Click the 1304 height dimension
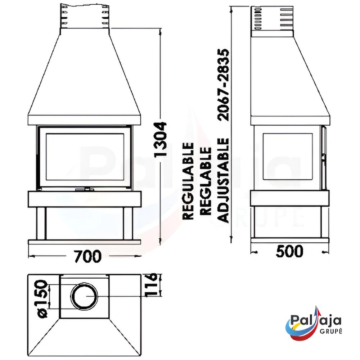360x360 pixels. point(160,140)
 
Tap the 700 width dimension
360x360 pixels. point(88,256)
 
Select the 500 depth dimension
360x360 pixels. point(289,251)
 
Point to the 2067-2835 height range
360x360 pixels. point(224,85)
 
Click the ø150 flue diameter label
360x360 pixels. point(43,299)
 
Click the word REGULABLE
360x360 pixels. point(188,181)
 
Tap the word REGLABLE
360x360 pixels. point(206,181)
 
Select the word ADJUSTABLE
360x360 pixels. point(224,180)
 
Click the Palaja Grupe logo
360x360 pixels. point(314,323)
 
